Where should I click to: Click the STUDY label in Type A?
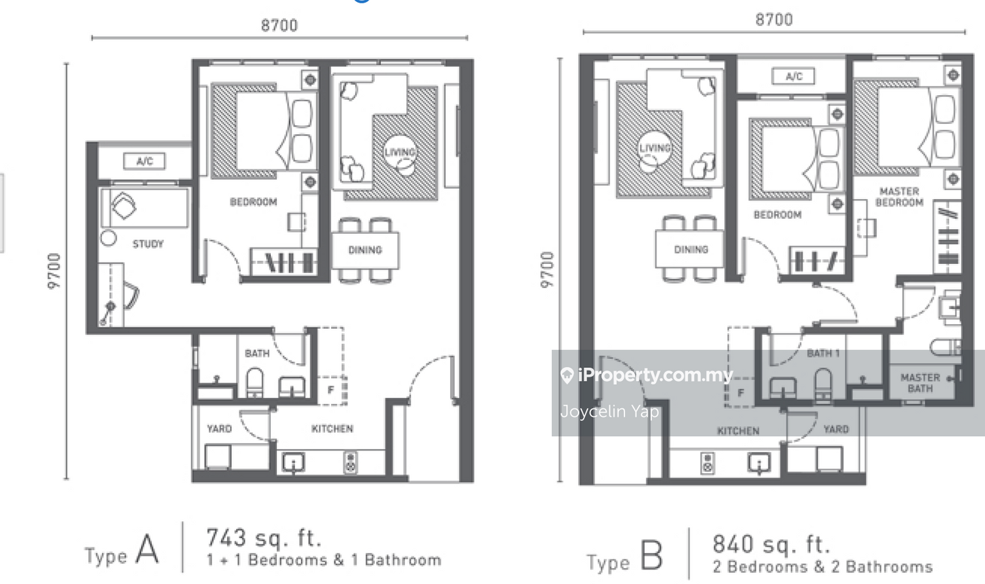click(x=148, y=244)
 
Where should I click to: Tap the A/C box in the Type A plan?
click(x=145, y=161)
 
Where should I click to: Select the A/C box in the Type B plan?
click(x=793, y=76)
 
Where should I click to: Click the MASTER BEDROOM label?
click(x=899, y=196)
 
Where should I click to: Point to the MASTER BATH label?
click(x=920, y=383)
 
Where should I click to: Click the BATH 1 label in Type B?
click(x=823, y=353)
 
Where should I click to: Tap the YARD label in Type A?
click(x=220, y=428)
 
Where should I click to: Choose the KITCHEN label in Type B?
click(x=738, y=431)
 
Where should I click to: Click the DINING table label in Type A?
click(x=365, y=250)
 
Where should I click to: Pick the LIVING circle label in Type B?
click(x=655, y=148)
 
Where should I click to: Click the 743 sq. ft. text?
click(x=264, y=537)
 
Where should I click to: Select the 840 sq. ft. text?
click(x=771, y=544)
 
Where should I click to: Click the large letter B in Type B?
click(x=651, y=555)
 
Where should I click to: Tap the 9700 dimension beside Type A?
click(x=53, y=271)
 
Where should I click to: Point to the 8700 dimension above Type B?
click(x=774, y=20)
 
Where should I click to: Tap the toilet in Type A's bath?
click(x=254, y=382)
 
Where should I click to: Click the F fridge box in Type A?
click(x=332, y=390)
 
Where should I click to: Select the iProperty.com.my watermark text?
click(x=655, y=375)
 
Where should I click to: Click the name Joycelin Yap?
click(x=609, y=412)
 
